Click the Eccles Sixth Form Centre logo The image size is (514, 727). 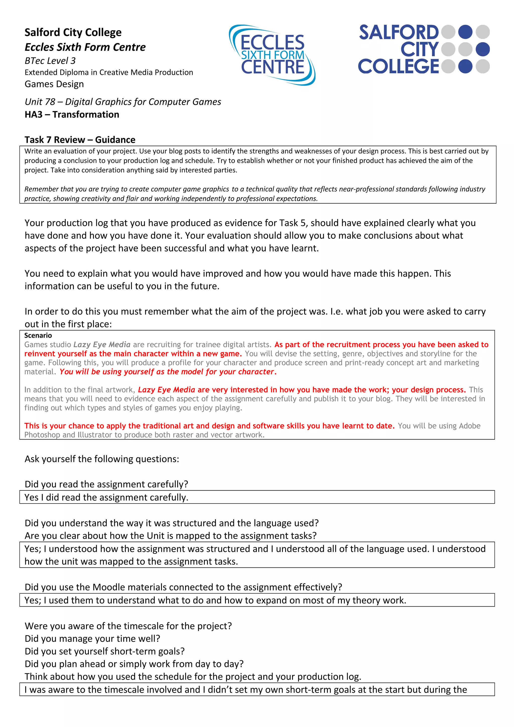tap(272, 55)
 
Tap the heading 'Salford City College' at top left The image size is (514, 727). tap(73, 32)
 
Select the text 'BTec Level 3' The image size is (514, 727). tap(50, 60)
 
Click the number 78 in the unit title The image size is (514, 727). tap(50, 102)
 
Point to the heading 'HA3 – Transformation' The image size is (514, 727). tap(72, 114)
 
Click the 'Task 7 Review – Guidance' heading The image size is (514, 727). tap(80, 140)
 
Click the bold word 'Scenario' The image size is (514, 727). tap(38, 335)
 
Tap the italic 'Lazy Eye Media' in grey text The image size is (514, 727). tap(102, 344)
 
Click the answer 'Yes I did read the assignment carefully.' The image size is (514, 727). tap(106, 497)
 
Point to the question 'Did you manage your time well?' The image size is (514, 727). tap(92, 639)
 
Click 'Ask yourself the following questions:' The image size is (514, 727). tap(102, 459)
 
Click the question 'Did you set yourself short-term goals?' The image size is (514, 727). tap(104, 651)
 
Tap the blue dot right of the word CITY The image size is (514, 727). tap(483, 49)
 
